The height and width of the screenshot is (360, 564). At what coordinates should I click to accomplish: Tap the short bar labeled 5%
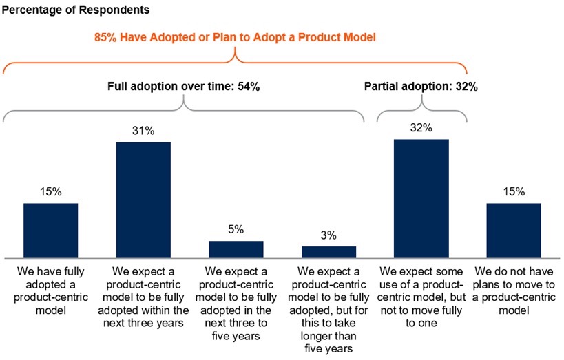click(x=236, y=248)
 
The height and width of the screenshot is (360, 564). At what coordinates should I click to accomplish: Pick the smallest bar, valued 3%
click(x=328, y=251)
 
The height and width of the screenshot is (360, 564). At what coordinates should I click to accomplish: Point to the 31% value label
click(x=143, y=131)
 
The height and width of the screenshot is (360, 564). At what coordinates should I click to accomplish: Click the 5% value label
click(x=236, y=229)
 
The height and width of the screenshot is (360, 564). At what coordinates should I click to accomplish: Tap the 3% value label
click(x=328, y=235)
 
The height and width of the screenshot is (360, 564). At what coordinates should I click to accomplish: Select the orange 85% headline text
click(x=235, y=37)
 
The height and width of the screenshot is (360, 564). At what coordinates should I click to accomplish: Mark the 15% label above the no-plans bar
click(x=513, y=191)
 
